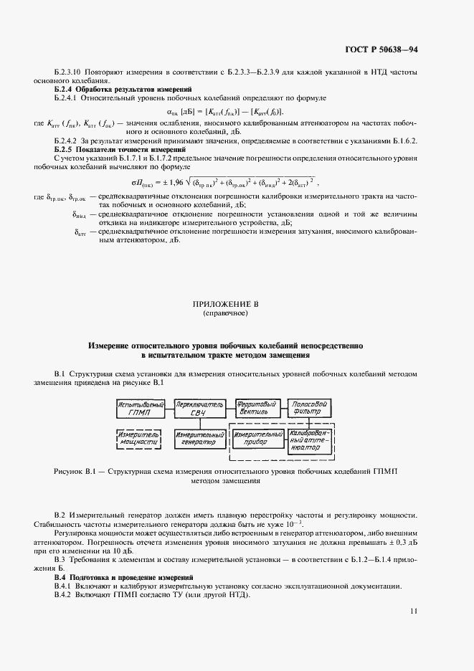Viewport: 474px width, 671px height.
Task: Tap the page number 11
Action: tap(414, 610)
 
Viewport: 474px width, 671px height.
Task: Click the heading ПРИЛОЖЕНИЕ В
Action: tap(226, 304)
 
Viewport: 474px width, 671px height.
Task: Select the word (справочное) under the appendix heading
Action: tap(226, 313)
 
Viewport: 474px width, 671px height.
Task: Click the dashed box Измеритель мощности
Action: tap(141, 439)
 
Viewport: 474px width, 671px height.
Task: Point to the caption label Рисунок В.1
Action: tap(75, 472)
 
